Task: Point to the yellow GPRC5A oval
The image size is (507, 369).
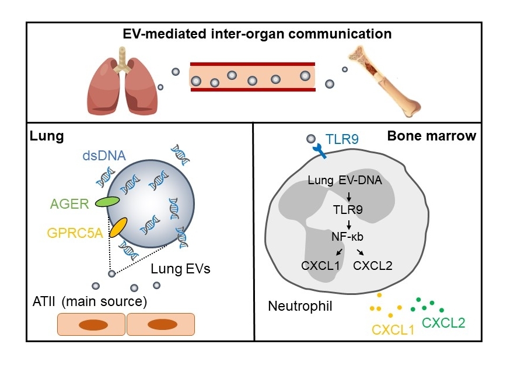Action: click(x=119, y=227)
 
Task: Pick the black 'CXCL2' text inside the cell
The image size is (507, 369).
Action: click(x=373, y=266)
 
